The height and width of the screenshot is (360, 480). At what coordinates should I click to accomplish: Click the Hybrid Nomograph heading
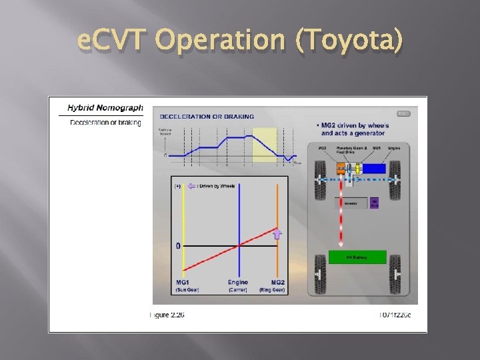pyautogui.click(x=105, y=108)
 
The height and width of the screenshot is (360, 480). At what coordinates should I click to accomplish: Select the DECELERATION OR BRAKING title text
pyautogui.click(x=207, y=117)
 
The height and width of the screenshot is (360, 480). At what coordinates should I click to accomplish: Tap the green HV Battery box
pyautogui.click(x=357, y=257)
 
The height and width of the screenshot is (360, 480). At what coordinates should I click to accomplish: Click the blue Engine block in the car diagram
pyautogui.click(x=374, y=169)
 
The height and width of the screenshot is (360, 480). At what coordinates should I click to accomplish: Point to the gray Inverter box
pyautogui.click(x=351, y=203)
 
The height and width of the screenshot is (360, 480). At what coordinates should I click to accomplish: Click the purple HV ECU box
pyautogui.click(x=374, y=203)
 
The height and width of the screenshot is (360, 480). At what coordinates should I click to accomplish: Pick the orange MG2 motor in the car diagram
pyautogui.click(x=341, y=169)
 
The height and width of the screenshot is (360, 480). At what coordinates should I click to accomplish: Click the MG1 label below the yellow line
pyautogui.click(x=183, y=283)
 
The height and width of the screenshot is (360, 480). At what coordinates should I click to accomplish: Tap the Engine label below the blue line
pyautogui.click(x=238, y=283)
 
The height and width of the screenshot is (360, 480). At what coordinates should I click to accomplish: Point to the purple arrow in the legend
pyautogui.click(x=191, y=186)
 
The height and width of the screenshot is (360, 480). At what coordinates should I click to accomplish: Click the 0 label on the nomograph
pyautogui.click(x=178, y=246)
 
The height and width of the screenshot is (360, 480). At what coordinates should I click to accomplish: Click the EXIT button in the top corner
pyautogui.click(x=403, y=113)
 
